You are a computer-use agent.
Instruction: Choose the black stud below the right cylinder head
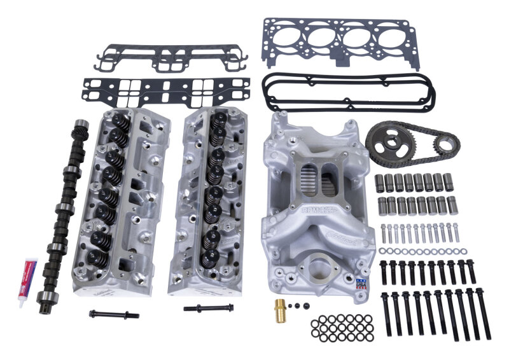click(208, 308)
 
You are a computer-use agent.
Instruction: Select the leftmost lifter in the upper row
click(379, 181)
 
